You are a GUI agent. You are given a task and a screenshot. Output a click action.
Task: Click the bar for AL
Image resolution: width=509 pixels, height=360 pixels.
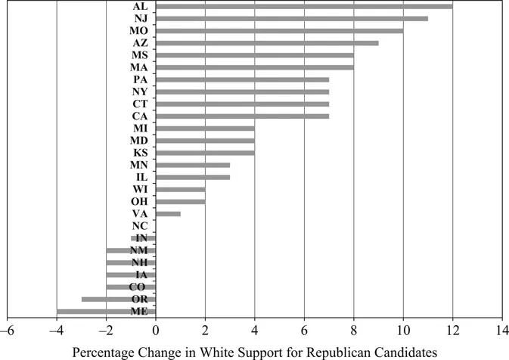pyautogui.click(x=304, y=6)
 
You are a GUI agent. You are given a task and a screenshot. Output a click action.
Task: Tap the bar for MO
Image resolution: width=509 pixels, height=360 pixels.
pyautogui.click(x=279, y=30)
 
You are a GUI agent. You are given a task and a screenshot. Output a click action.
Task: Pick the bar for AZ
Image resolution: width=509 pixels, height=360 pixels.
pyautogui.click(x=267, y=42)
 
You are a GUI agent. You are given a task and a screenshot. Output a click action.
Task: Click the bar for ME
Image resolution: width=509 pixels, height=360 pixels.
pyautogui.click(x=106, y=311)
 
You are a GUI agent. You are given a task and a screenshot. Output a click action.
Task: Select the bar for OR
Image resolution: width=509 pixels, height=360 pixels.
pyautogui.click(x=119, y=299)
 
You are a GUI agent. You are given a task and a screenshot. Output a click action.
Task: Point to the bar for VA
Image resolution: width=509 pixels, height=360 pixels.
pyautogui.click(x=168, y=213)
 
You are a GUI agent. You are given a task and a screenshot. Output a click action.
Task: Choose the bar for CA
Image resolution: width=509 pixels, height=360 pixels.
pyautogui.click(x=242, y=116)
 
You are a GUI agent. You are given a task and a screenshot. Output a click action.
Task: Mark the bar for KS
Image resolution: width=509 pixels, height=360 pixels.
pyautogui.click(x=205, y=152)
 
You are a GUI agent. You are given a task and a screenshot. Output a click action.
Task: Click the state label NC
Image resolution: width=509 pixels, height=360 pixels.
pyautogui.click(x=140, y=225)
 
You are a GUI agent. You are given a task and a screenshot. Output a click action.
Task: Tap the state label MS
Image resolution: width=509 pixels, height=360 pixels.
pyautogui.click(x=140, y=55)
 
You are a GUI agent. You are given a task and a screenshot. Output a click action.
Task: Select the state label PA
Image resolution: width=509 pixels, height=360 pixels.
pyautogui.click(x=140, y=79)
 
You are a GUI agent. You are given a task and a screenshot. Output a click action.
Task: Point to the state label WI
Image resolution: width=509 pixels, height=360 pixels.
pyautogui.click(x=140, y=189)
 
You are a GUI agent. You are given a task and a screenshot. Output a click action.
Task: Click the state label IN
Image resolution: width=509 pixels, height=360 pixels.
pyautogui.click(x=140, y=237)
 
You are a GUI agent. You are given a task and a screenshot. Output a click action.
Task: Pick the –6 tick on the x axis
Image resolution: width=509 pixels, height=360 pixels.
pyautogui.click(x=8, y=330)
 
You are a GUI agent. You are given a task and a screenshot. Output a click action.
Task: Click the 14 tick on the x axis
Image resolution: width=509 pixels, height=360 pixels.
pyautogui.click(x=501, y=330)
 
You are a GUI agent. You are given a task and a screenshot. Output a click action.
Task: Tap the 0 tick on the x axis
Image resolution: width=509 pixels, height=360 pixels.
pyautogui.click(x=156, y=330)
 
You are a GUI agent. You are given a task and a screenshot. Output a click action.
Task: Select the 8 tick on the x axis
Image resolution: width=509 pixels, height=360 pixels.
pyautogui.click(x=353, y=330)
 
